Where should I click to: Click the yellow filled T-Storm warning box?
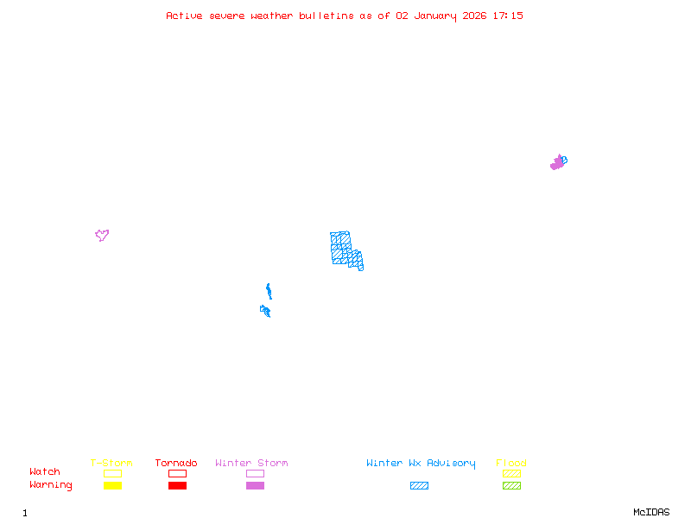(112, 485)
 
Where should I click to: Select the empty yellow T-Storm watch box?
(112, 473)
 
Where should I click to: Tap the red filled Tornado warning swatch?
(177, 485)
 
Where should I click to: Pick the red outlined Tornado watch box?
(177, 473)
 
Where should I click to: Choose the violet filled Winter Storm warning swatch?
(255, 485)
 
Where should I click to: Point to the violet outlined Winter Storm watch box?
(255, 473)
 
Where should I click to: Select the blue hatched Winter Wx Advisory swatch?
(419, 485)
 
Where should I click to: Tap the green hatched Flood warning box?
(511, 485)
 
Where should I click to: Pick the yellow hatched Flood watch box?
(511, 473)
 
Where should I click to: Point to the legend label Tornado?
(176, 464)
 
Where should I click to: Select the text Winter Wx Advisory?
(421, 464)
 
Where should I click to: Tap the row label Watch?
(45, 472)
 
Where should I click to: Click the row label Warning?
(51, 485)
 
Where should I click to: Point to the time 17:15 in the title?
(508, 16)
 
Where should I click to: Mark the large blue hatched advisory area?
(343, 248)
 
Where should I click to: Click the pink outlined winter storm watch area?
(102, 234)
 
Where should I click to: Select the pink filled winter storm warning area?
(556, 163)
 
